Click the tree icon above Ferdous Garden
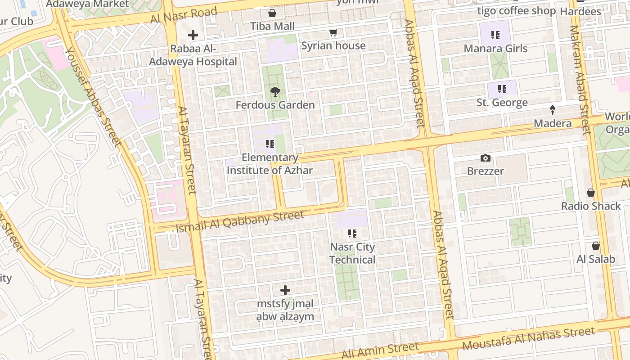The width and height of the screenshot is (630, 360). [275, 92]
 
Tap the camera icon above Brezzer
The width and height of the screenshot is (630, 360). [485, 158]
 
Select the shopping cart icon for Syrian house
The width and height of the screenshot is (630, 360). [333, 32]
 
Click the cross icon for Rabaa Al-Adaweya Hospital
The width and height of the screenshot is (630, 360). [193, 35]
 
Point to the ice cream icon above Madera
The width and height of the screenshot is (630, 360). [553, 110]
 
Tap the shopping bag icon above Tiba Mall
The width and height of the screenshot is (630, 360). [272, 13]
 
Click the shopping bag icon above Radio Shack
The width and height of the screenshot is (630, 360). [591, 193]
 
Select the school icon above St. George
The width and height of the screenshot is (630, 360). [502, 89]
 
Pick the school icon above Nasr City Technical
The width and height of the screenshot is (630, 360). [352, 234]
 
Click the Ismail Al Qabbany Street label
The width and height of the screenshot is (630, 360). [240, 222]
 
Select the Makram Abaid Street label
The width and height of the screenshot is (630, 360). [580, 80]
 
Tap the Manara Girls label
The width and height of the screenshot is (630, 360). [495, 48]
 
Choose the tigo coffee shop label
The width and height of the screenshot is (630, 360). [516, 11]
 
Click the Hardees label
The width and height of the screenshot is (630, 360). [580, 12]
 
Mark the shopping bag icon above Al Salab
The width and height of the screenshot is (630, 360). [595, 246]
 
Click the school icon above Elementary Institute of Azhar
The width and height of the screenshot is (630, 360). [270, 144]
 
